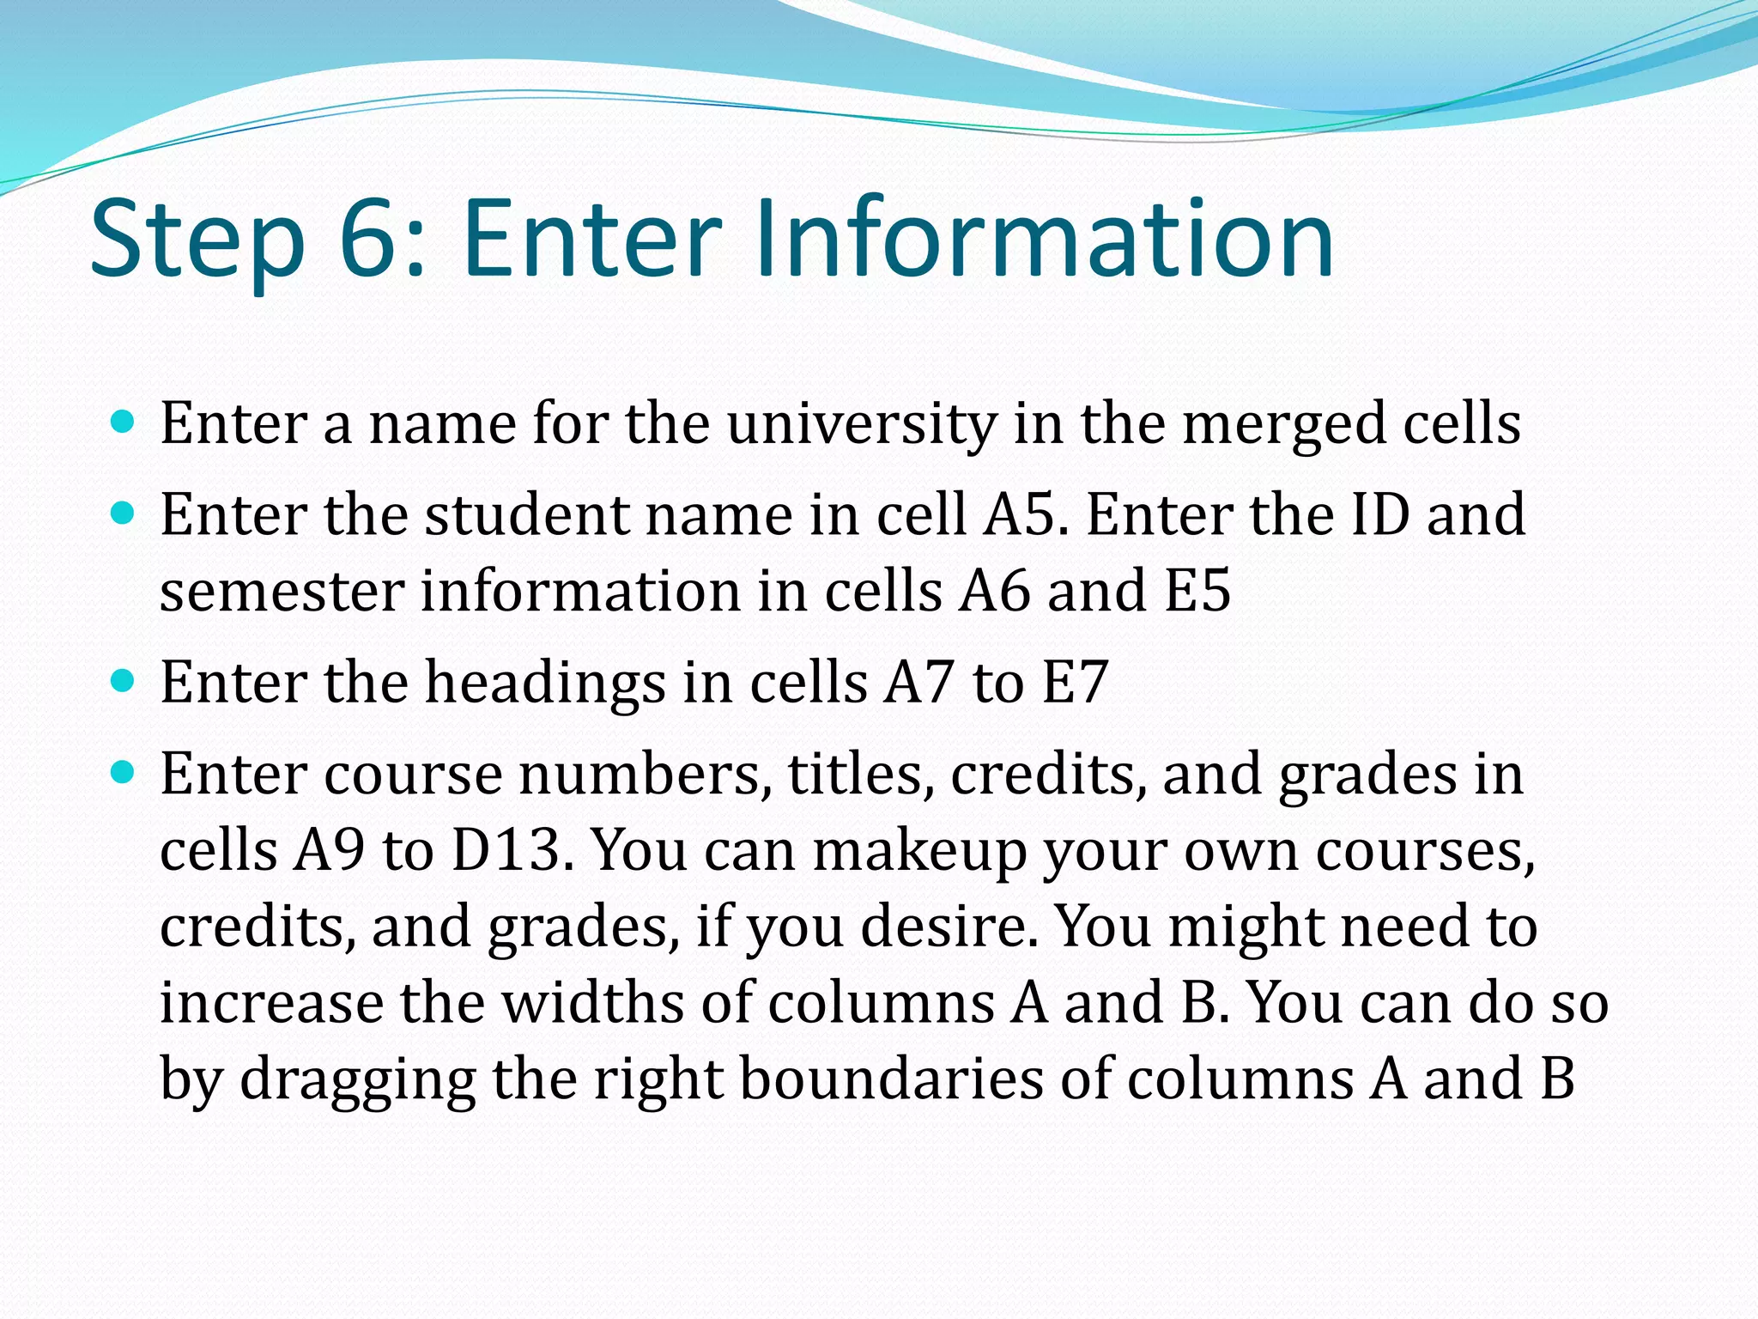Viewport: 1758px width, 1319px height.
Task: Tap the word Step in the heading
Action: [x=197, y=240]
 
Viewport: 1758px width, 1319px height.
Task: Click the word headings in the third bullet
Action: [x=546, y=684]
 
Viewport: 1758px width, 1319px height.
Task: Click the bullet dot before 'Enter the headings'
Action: [x=124, y=682]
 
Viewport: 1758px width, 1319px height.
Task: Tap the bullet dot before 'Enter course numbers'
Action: [x=124, y=774]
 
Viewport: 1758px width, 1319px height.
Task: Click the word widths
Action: [x=592, y=1002]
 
